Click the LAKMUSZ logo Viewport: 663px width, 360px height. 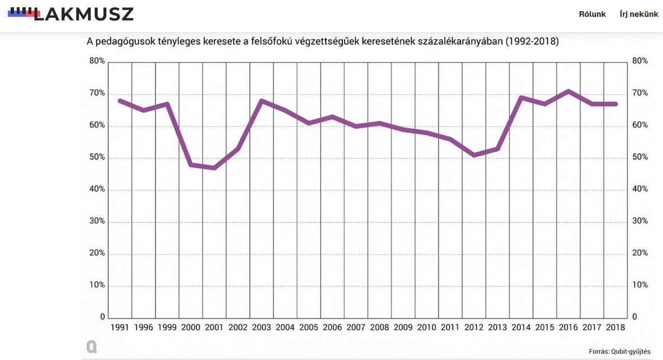point(71,14)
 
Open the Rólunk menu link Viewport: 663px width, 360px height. point(592,15)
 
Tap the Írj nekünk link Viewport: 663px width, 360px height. point(638,15)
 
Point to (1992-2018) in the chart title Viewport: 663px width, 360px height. point(532,41)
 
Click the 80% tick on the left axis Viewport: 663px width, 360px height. point(97,61)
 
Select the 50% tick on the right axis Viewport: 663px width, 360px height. point(638,157)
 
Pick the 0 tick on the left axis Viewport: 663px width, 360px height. point(102,317)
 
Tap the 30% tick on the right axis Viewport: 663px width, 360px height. point(638,221)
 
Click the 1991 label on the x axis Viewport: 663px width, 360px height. point(120,328)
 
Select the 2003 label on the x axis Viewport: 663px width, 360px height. point(262,328)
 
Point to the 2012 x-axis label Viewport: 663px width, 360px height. point(474,328)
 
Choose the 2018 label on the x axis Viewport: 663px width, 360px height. point(615,328)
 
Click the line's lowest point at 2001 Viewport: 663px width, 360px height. point(214,167)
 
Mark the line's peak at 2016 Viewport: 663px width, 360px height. point(568,91)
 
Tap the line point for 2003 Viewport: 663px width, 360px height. point(262,101)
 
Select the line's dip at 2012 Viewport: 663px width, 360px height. point(474,155)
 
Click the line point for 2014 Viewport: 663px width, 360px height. point(521,98)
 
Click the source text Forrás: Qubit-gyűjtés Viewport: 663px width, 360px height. point(619,352)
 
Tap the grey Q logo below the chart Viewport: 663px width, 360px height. point(92,347)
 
